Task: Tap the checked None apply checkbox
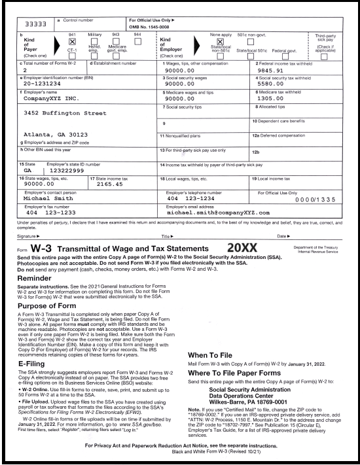(211, 41)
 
